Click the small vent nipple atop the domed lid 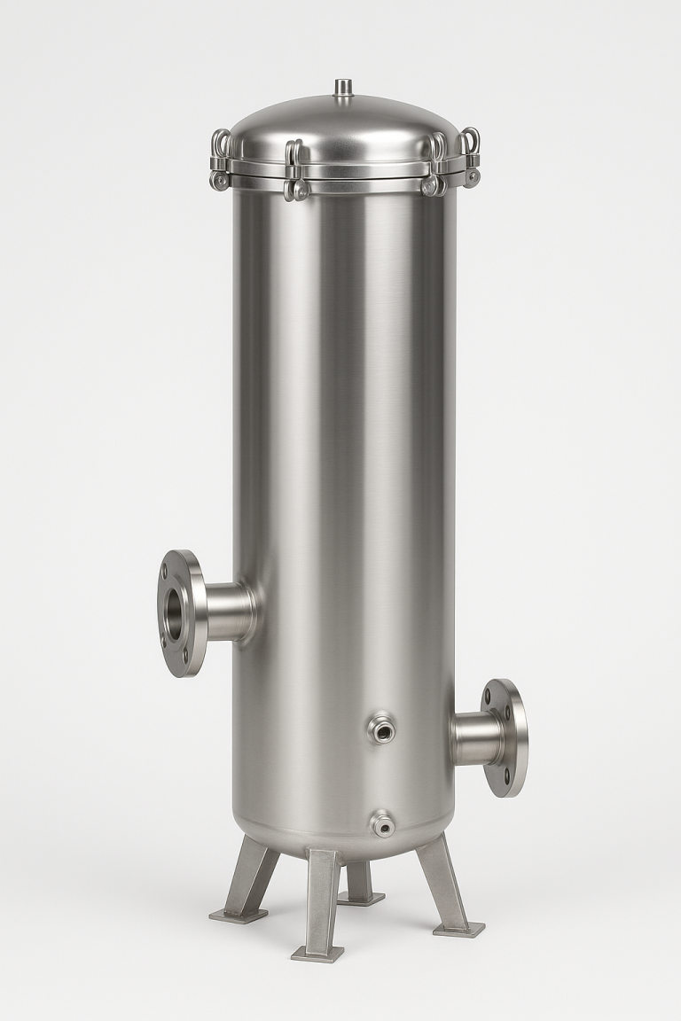pyautogui.click(x=343, y=87)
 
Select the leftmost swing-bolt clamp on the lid pyautogui.click(x=219, y=160)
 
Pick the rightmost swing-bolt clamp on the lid pyautogui.click(x=470, y=158)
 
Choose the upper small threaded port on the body pyautogui.click(x=382, y=729)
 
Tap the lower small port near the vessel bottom pyautogui.click(x=382, y=824)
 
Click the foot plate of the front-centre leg pyautogui.click(x=317, y=954)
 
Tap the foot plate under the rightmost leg pyautogui.click(x=458, y=929)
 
